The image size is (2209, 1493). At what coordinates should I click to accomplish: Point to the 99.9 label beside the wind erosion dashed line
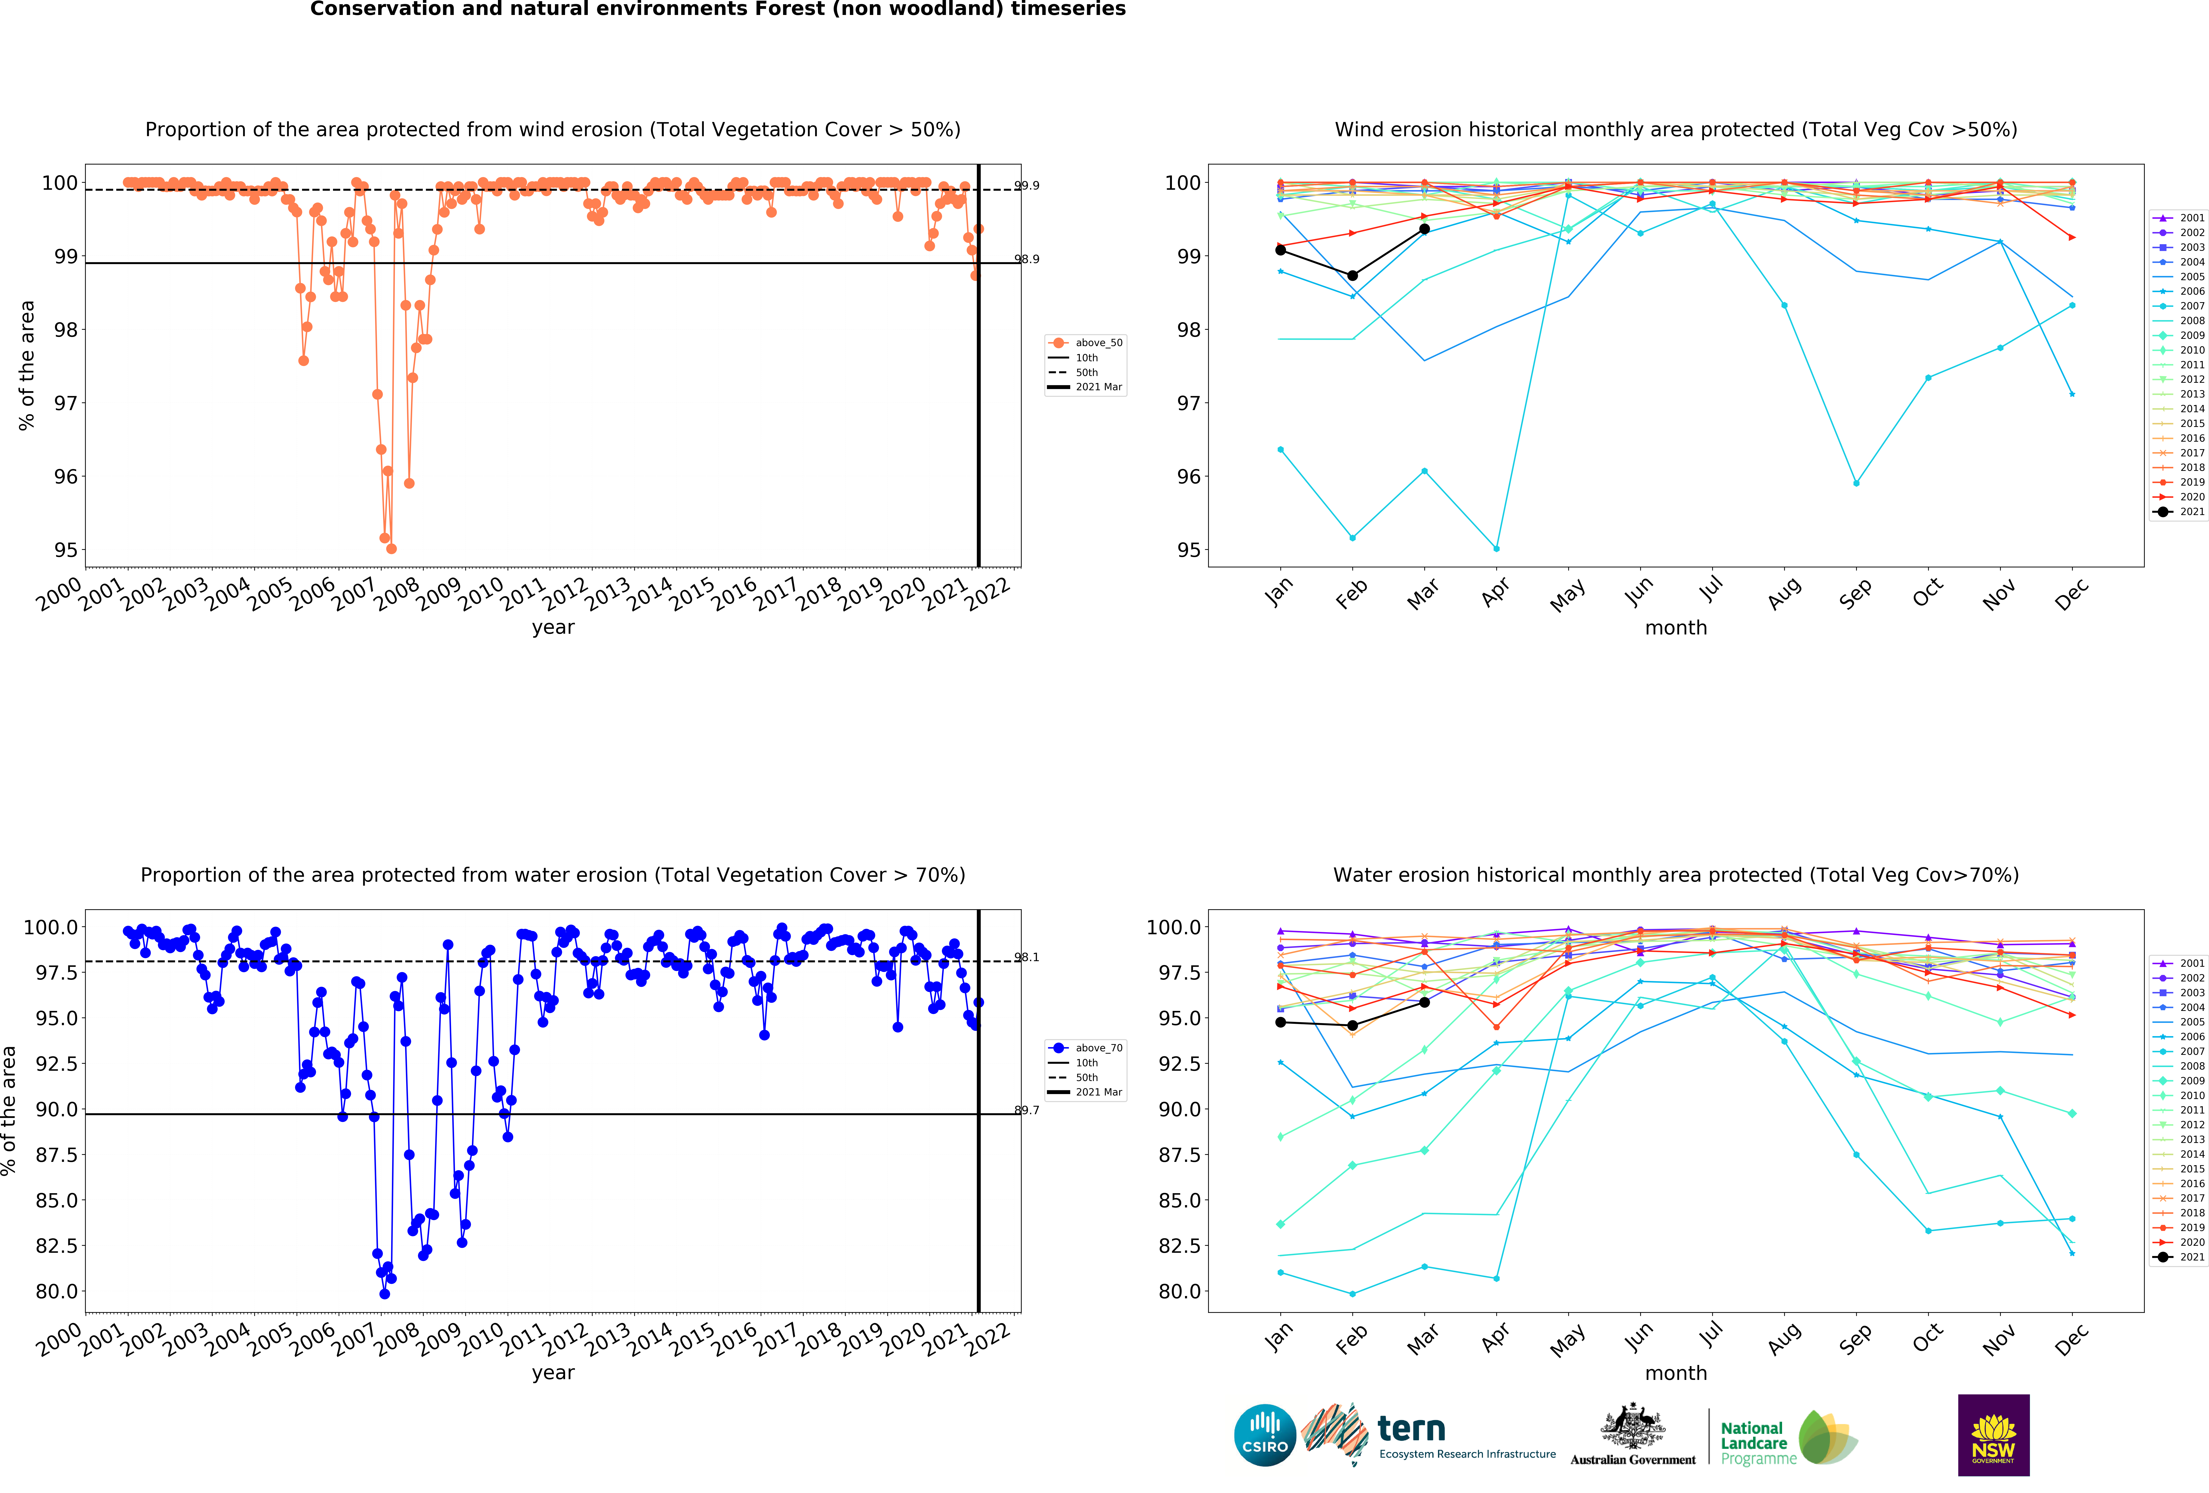click(x=1027, y=185)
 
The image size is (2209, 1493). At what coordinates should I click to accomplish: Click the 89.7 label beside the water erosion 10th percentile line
click(x=1027, y=1110)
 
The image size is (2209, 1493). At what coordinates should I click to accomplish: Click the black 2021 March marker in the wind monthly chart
click(x=1424, y=229)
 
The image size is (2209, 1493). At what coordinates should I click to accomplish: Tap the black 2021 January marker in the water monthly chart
click(x=1280, y=1023)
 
